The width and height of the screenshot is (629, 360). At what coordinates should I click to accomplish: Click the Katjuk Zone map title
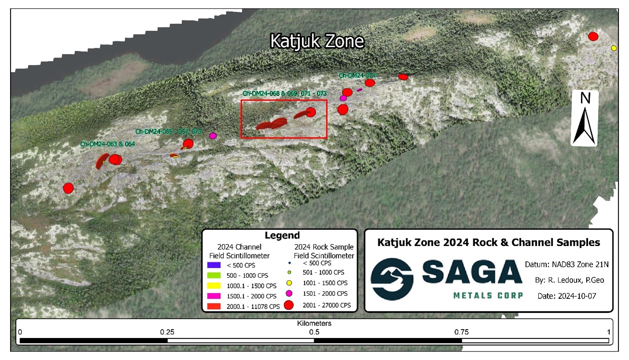pyautogui.click(x=317, y=41)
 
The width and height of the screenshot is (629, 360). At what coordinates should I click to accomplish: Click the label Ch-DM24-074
pyautogui.click(x=357, y=75)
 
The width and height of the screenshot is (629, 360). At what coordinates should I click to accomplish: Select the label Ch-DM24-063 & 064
pyautogui.click(x=107, y=144)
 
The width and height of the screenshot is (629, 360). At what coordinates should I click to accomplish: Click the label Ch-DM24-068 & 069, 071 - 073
pyautogui.click(x=285, y=93)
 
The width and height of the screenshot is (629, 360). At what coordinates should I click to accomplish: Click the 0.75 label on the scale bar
pyautogui.click(x=461, y=332)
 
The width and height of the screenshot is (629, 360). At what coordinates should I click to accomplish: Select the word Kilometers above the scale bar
pyautogui.click(x=314, y=323)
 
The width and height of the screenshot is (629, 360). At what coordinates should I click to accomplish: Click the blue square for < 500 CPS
pyautogui.click(x=215, y=265)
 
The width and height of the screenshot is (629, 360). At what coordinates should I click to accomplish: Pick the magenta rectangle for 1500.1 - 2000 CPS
pyautogui.click(x=215, y=296)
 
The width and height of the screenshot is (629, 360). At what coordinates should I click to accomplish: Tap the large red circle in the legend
pyautogui.click(x=289, y=305)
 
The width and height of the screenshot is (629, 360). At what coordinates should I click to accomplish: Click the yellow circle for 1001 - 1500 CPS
pyautogui.click(x=289, y=283)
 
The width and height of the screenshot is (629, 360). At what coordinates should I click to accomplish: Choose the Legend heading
pyautogui.click(x=282, y=235)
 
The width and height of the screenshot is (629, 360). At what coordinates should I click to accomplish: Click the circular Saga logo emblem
pyautogui.click(x=391, y=279)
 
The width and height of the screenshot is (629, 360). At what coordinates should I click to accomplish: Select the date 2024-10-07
pyautogui.click(x=567, y=296)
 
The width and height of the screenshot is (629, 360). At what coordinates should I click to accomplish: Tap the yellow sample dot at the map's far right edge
pyautogui.click(x=614, y=48)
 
